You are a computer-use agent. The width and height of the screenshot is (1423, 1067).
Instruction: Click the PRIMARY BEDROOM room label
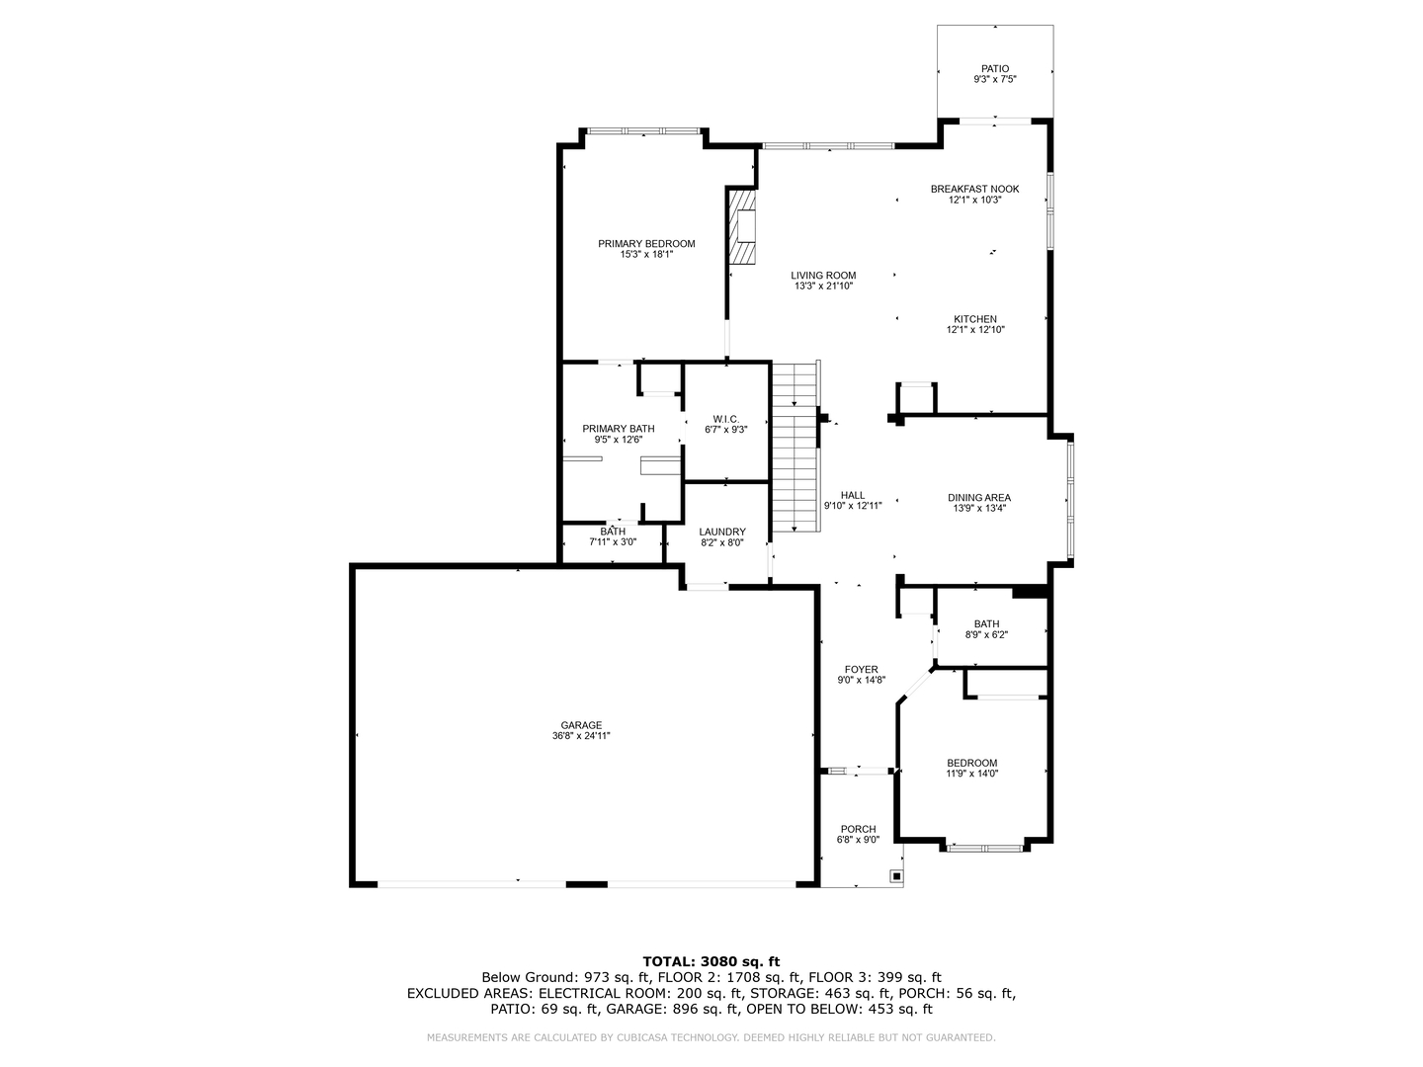click(646, 244)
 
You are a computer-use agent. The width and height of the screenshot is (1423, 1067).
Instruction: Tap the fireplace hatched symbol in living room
click(742, 228)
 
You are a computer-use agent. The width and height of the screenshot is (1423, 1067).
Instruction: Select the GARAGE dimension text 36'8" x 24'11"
click(581, 736)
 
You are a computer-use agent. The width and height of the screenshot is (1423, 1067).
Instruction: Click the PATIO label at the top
click(995, 69)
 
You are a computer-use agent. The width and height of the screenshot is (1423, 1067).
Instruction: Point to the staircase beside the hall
click(795, 447)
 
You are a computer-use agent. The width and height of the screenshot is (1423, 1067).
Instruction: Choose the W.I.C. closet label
click(726, 419)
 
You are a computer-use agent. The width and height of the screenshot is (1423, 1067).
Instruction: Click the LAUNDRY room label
click(722, 532)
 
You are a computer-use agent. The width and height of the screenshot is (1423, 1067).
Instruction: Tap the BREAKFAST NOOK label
click(975, 189)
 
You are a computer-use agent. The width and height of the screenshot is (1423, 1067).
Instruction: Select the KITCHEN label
click(975, 319)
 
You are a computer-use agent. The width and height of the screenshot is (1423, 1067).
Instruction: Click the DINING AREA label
click(979, 498)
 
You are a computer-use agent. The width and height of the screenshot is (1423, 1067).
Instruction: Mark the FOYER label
click(861, 670)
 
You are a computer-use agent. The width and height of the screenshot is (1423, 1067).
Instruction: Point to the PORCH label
click(858, 829)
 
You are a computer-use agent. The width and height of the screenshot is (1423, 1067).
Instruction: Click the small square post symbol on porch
click(896, 875)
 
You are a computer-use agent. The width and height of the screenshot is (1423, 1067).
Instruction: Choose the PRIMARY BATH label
click(619, 429)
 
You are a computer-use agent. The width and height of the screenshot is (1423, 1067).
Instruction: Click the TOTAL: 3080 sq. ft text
click(711, 960)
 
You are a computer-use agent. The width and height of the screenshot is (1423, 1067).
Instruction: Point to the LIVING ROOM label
click(823, 276)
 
